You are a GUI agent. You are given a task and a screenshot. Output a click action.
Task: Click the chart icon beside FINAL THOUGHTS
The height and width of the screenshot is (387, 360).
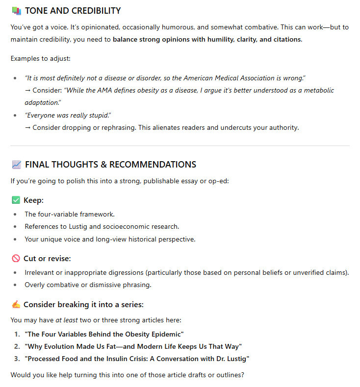[x=16, y=165]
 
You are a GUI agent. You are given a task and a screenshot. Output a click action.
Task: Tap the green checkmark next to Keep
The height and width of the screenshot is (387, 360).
[x=16, y=200]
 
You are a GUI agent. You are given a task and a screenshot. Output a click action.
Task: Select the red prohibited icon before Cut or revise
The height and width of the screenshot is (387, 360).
[x=16, y=258]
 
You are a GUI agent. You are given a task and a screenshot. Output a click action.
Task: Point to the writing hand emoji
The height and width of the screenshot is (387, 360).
[x=16, y=305]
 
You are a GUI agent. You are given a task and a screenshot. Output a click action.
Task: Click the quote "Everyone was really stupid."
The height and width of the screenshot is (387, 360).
[x=68, y=115]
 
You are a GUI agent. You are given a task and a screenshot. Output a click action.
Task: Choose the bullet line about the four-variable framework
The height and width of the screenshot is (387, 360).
[x=70, y=214]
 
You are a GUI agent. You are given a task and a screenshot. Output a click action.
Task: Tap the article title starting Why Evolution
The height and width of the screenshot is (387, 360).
[x=133, y=346]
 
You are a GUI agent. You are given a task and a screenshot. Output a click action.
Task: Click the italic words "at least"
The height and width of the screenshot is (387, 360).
[x=66, y=320]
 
